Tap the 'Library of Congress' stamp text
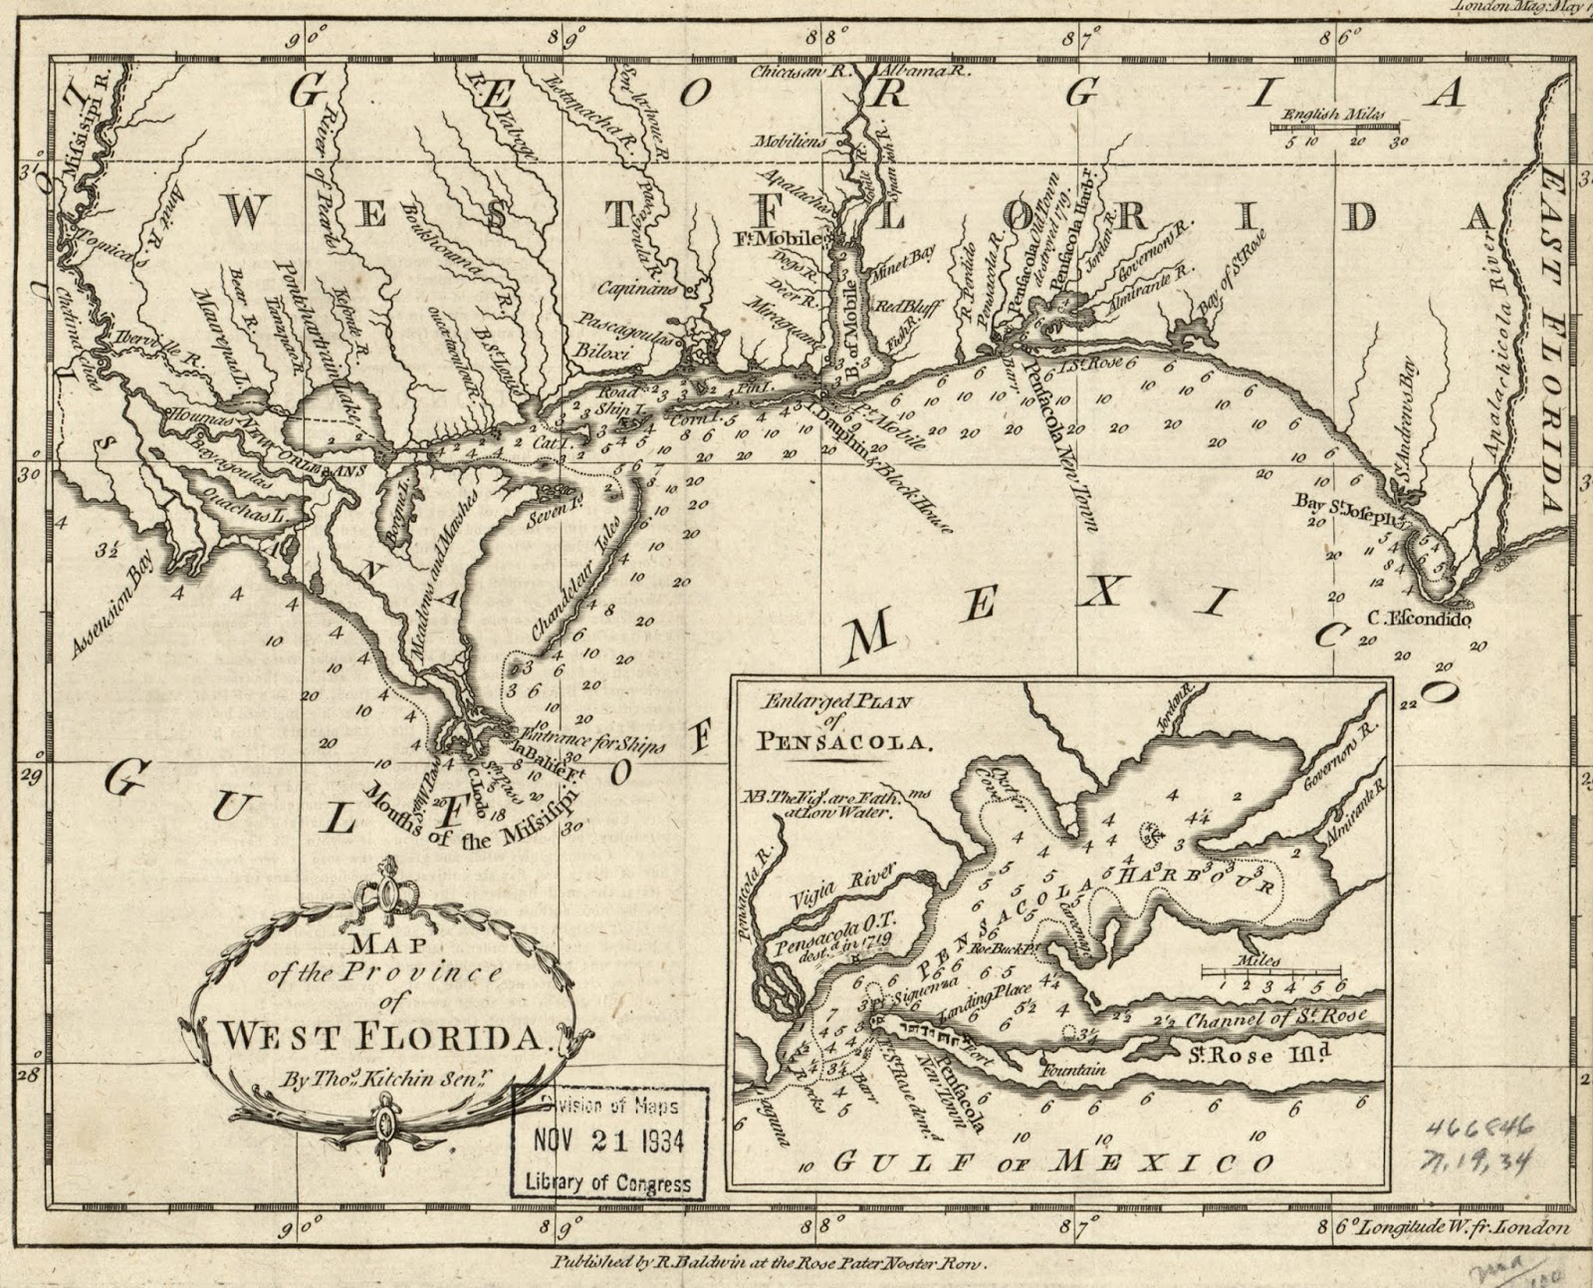pyautogui.click(x=608, y=1183)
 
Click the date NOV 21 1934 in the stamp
pyautogui.click(x=609, y=1141)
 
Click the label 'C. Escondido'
pyautogui.click(x=1418, y=618)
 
